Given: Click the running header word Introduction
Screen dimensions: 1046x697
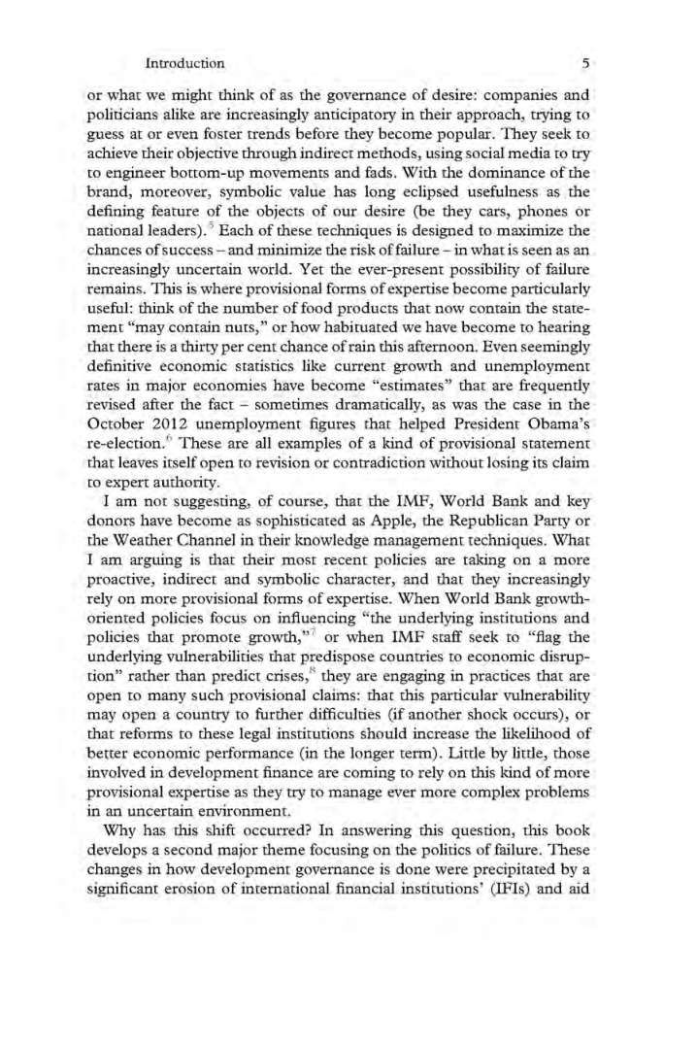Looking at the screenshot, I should click(x=184, y=63).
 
